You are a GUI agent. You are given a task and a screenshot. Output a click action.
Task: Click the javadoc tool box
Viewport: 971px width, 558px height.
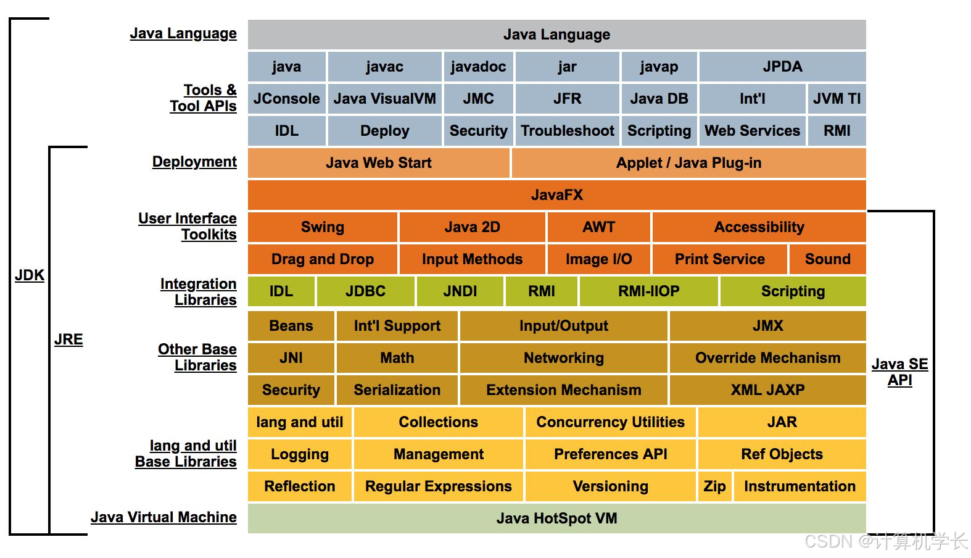[x=478, y=67]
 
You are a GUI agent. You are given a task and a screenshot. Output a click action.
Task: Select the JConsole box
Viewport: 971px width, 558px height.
[x=286, y=99]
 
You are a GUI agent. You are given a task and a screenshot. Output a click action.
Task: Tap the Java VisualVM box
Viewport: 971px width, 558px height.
[x=384, y=99]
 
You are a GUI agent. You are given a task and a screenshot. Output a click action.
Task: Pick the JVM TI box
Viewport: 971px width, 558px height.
[x=837, y=99]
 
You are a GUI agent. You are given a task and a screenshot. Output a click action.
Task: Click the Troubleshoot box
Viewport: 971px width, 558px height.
[x=567, y=131]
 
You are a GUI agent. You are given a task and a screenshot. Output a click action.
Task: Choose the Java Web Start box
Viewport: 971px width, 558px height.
[x=378, y=163]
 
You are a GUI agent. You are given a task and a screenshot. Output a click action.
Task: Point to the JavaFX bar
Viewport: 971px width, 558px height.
[x=556, y=195]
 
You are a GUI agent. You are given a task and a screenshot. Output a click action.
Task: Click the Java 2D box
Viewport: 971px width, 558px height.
[x=472, y=227]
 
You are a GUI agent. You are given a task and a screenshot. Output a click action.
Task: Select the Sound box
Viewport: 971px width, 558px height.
[x=827, y=259]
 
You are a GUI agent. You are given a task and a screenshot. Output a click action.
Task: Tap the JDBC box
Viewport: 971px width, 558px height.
[x=365, y=291]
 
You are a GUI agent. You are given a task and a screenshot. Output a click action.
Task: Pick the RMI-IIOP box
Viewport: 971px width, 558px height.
[x=648, y=291]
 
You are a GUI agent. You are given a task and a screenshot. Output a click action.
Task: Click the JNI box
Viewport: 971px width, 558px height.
[x=291, y=358]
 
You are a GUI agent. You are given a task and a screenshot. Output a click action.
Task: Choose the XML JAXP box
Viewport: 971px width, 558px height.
[x=767, y=390]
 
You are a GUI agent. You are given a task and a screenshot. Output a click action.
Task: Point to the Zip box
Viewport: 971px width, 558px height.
[x=714, y=486]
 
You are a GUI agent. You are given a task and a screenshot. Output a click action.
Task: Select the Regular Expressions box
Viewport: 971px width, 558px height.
[x=438, y=486]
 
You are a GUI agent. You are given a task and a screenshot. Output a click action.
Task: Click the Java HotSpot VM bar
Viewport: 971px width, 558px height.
[x=556, y=518]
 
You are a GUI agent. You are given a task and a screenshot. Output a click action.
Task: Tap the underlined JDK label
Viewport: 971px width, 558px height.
[x=30, y=275]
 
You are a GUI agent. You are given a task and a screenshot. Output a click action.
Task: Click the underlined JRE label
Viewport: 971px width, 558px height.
[x=68, y=339]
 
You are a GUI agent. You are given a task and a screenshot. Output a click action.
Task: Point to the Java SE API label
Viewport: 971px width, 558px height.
[x=899, y=372]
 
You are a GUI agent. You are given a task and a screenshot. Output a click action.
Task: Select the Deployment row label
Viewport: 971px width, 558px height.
[x=194, y=162]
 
